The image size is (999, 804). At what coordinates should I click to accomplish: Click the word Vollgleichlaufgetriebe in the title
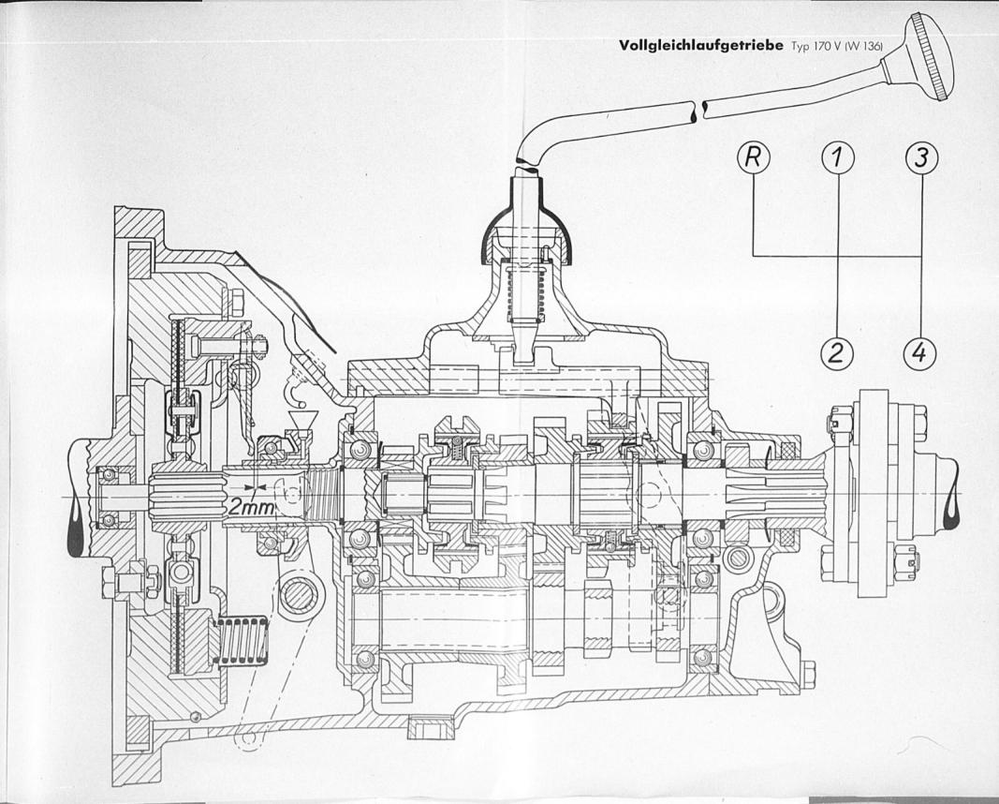701,47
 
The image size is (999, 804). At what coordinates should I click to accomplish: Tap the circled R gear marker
753,157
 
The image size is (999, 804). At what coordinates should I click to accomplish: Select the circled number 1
839,157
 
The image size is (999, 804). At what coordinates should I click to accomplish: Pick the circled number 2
836,352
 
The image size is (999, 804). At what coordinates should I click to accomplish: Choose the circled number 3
921,157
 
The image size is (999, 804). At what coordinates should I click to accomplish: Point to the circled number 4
919,352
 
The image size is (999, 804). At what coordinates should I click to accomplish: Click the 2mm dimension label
251,508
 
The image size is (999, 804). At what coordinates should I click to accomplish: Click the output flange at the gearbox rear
872,494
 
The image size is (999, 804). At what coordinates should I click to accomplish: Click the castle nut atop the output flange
837,422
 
